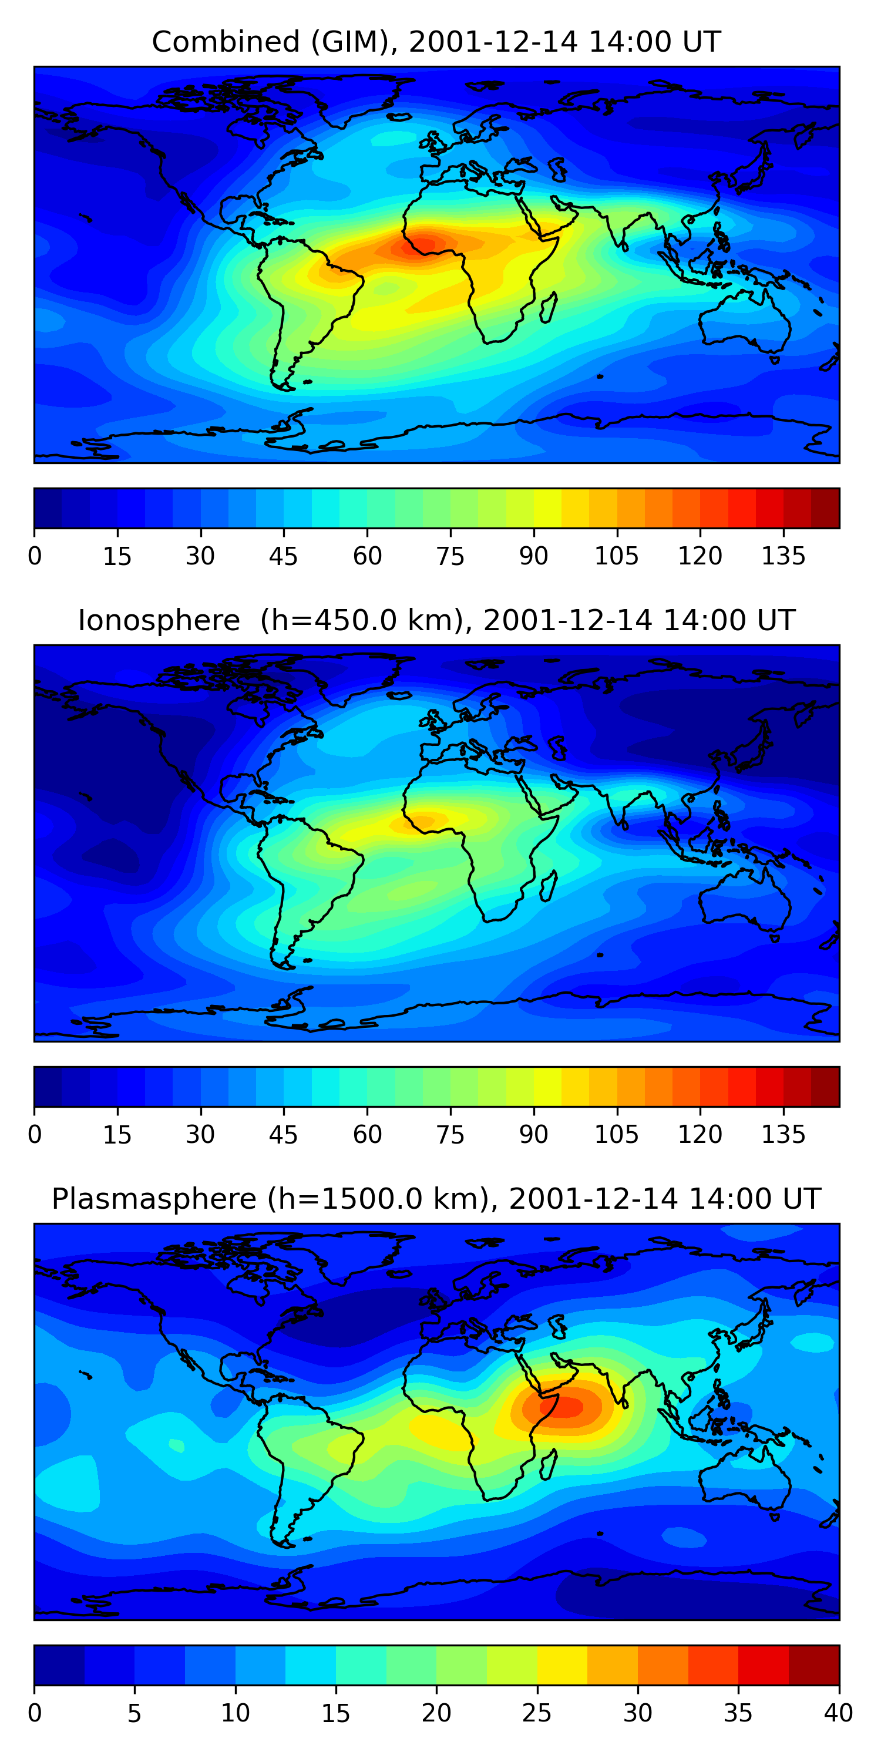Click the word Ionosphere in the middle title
click(159, 620)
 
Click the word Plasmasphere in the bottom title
click(154, 1199)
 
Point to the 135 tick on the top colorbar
click(783, 556)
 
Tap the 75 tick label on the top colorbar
click(450, 556)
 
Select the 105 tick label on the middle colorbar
click(616, 1135)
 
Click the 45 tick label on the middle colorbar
click(283, 1135)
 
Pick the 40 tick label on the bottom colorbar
click(838, 1713)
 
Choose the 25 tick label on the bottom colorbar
click(537, 1713)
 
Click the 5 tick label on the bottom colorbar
click(134, 1713)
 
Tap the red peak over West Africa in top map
click(423, 244)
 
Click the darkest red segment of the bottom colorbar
click(814, 1665)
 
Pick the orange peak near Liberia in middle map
click(419, 822)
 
